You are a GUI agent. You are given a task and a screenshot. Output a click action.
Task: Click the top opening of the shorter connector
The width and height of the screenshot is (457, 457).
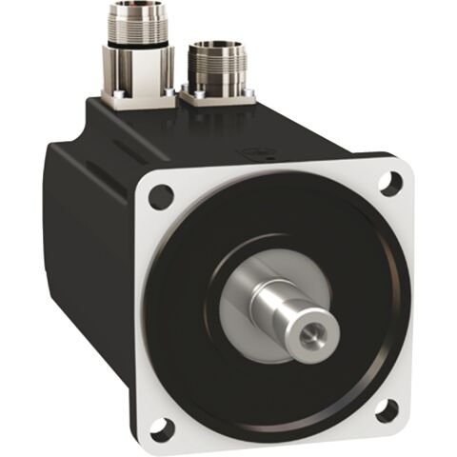click(217, 46)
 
